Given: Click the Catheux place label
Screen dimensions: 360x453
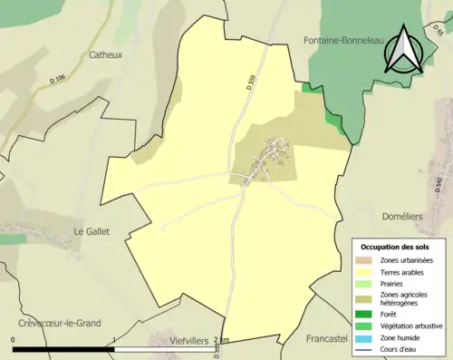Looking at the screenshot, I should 105,54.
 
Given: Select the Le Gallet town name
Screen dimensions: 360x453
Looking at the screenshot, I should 91,231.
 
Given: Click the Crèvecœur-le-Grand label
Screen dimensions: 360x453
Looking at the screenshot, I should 60,323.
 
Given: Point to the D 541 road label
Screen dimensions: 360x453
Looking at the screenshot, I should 439,185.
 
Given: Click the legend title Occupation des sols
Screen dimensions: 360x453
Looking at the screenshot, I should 395,248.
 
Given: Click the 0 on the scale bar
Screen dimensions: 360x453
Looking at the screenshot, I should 14,340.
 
